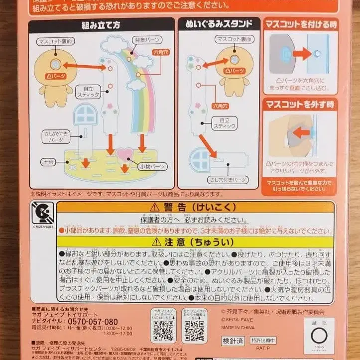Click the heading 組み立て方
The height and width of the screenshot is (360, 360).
click(x=101, y=25)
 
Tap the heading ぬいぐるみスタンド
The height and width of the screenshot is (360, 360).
click(x=218, y=24)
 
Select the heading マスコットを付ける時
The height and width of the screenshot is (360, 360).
click(x=300, y=24)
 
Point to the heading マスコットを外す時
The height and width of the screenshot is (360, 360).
click(x=300, y=105)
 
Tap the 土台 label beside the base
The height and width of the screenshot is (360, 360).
click(x=49, y=162)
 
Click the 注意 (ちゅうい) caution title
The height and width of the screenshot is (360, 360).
click(x=194, y=242)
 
